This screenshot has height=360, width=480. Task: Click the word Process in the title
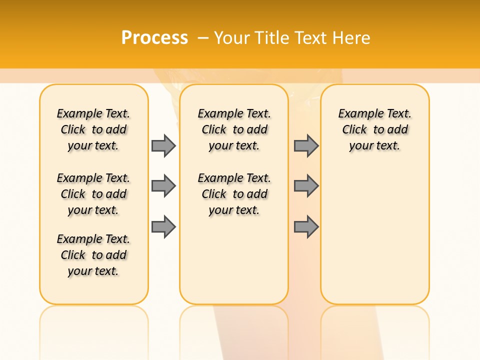tap(154, 37)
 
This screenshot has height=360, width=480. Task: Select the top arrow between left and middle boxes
tap(163, 145)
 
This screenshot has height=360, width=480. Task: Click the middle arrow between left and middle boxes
tap(163, 186)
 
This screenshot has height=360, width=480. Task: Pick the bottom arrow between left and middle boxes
tap(163, 227)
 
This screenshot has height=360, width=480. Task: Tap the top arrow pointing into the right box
tap(306, 145)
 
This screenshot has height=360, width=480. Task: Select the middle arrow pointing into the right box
tap(306, 186)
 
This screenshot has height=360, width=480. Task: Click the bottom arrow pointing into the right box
tap(306, 227)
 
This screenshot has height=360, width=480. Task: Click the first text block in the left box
tap(93, 129)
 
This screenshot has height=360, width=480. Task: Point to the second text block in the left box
tap(93, 194)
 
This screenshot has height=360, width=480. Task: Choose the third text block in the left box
tap(93, 255)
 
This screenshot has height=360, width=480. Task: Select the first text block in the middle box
tap(234, 129)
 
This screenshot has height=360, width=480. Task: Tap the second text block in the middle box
tap(234, 194)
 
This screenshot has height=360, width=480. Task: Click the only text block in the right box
tap(374, 129)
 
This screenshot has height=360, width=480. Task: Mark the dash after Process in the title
tap(203, 38)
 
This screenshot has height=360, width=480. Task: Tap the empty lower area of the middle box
tap(234, 260)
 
